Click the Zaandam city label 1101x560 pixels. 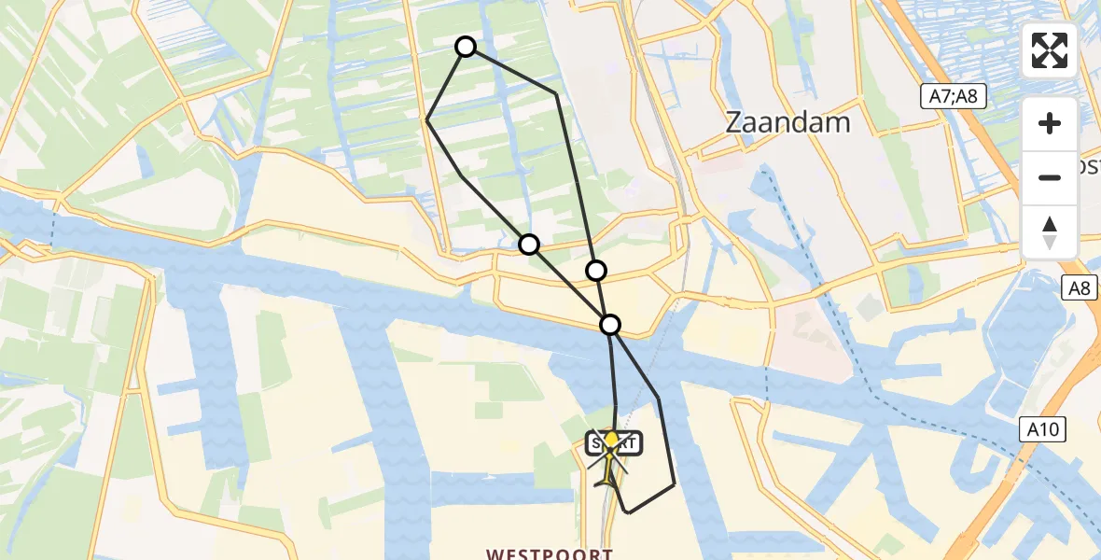coord(788,122)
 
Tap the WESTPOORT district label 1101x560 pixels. coord(549,553)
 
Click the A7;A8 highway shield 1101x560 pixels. coord(957,96)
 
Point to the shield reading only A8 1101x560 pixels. coord(1079,289)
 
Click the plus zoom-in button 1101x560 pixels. coord(1050,124)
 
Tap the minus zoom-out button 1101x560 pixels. coord(1050,177)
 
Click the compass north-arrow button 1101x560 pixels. coord(1050,232)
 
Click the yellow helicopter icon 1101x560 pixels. coord(610,457)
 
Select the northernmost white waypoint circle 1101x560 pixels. coord(465,47)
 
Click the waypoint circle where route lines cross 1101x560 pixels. coord(610,325)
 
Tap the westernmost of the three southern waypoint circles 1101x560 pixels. coord(529,245)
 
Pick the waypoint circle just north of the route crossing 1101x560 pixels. coord(595,271)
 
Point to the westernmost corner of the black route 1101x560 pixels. coord(427,119)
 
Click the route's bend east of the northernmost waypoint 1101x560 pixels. coord(557,93)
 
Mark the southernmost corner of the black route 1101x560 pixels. coord(628,512)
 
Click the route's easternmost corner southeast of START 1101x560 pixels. coord(674,484)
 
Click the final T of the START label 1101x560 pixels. coord(636,443)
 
